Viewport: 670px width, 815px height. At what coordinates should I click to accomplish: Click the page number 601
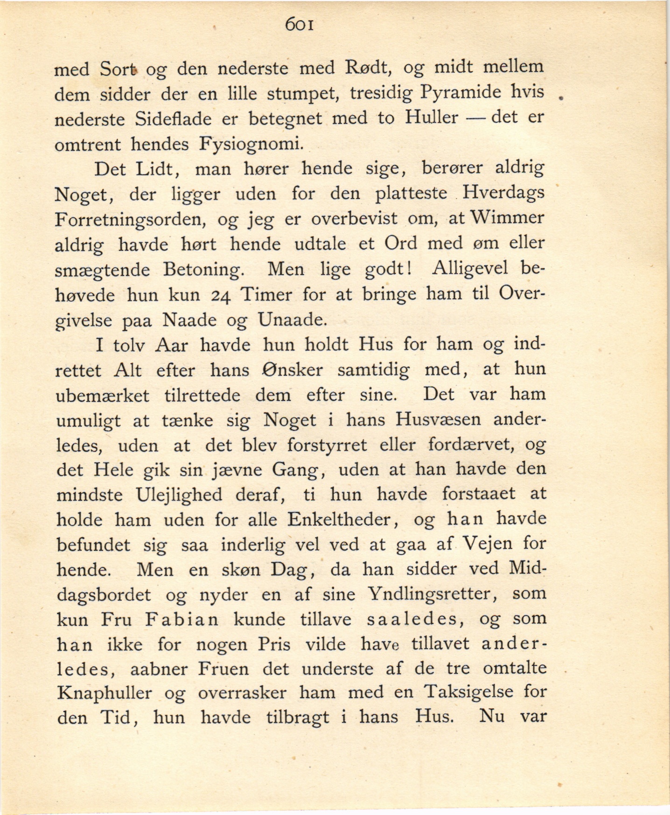[x=300, y=24]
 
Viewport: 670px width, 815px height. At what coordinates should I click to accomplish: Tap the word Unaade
[x=292, y=320]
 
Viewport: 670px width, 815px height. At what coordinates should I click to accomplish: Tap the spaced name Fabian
[x=181, y=620]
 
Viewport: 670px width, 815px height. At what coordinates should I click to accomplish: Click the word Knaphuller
[x=105, y=693]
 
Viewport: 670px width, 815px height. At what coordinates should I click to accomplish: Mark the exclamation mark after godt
[x=408, y=268]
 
